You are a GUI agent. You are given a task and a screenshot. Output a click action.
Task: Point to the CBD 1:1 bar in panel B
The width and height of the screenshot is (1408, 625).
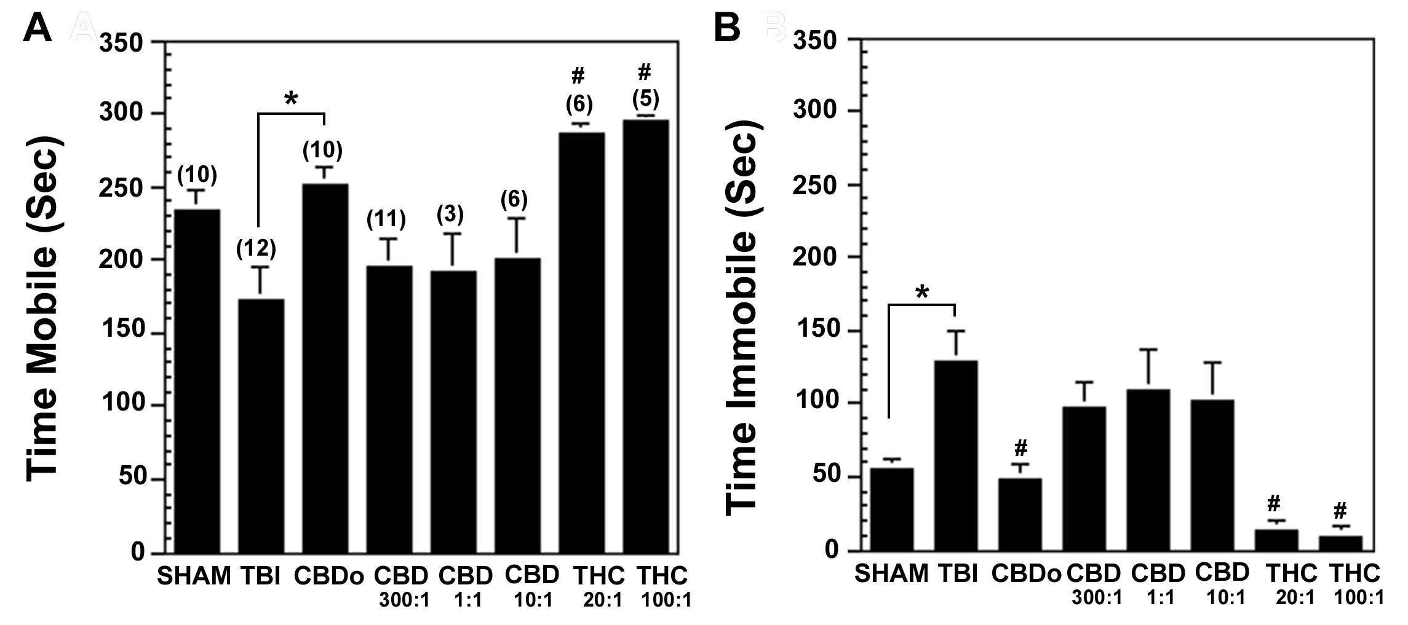coord(1148,471)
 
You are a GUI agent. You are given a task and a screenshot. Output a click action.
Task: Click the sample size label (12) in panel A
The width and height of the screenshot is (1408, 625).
coord(257,249)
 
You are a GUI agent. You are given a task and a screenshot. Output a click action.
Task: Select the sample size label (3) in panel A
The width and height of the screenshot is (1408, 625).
coord(450,214)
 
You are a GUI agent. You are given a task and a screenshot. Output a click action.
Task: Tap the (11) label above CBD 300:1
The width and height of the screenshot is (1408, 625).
coord(386,219)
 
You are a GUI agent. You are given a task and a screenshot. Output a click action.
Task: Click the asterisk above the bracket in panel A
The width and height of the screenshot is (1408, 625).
coord(292,98)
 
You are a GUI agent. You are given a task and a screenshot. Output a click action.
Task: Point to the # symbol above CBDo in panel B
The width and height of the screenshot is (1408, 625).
coord(1020,447)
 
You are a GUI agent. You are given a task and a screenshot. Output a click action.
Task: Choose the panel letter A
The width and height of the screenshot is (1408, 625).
coord(37,28)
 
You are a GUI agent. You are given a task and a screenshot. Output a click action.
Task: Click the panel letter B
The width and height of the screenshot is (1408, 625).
coord(728,28)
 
